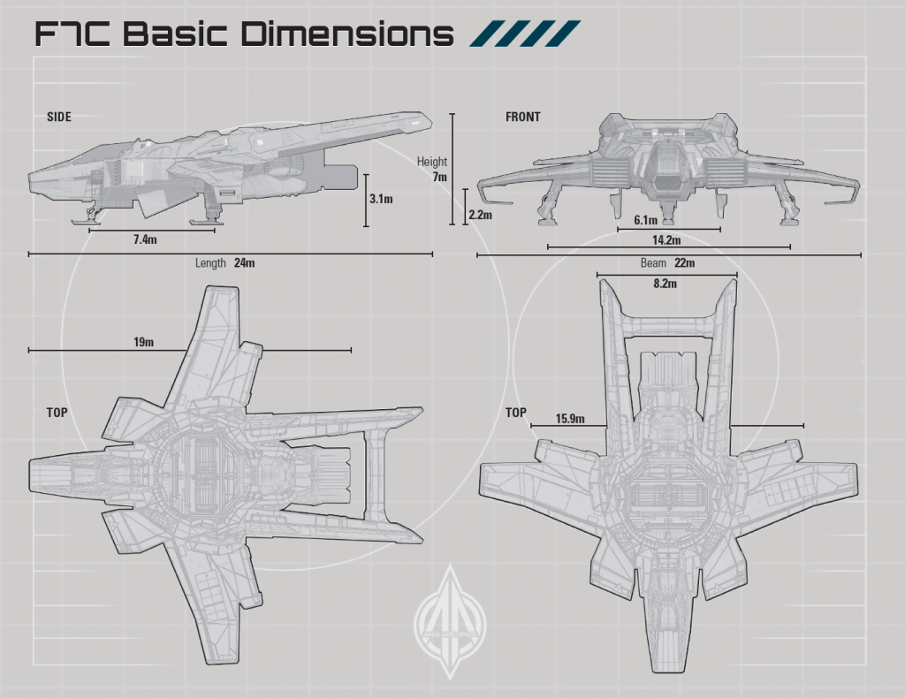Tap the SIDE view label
59,117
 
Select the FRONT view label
522,117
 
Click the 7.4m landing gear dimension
146,239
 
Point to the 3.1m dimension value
381,200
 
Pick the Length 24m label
225,262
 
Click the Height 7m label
433,169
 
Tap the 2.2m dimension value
480,215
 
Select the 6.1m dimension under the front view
646,220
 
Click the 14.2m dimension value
667,240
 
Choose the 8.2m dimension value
665,285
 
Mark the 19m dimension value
142,342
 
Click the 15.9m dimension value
570,418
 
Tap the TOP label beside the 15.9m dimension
516,413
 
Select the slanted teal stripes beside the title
527,34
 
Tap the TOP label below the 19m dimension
57,413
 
